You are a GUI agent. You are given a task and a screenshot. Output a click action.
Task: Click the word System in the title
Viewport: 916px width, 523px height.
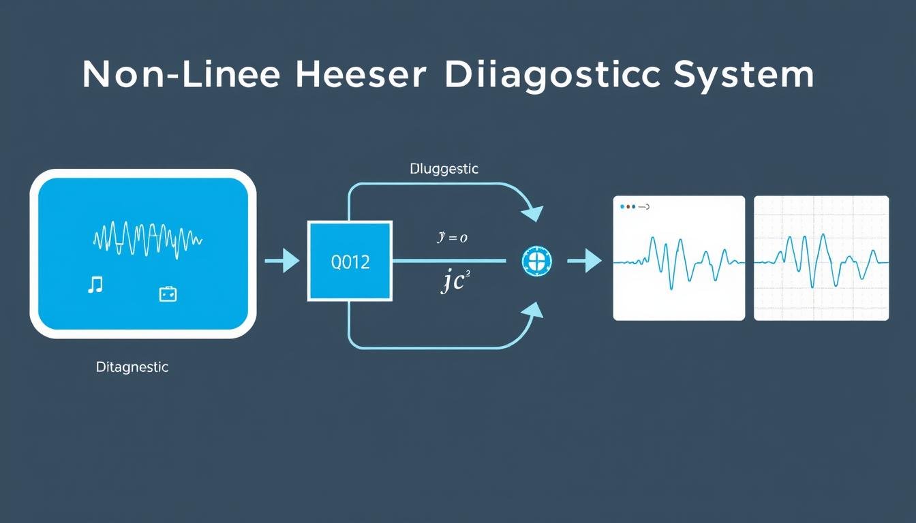[744, 75]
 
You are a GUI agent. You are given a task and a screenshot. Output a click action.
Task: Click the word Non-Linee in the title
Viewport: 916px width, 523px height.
[181, 75]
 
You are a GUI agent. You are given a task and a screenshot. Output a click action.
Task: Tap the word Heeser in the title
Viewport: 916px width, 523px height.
[362, 75]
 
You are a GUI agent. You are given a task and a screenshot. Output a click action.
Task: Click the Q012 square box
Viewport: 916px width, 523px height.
[350, 261]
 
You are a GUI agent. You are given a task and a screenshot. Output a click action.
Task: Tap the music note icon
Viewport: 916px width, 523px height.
[95, 285]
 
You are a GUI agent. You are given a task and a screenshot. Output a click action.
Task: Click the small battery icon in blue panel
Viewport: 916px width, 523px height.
[168, 294]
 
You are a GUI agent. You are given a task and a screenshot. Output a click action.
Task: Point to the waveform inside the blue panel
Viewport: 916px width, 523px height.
[147, 238]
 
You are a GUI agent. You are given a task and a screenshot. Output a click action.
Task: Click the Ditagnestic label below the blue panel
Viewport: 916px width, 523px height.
[132, 367]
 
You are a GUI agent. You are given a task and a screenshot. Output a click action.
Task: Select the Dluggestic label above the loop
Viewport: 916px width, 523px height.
[444, 169]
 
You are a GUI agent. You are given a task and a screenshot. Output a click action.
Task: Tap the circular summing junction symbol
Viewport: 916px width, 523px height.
[536, 261]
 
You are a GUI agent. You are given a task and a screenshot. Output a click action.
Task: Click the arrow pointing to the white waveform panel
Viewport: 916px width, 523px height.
[584, 261]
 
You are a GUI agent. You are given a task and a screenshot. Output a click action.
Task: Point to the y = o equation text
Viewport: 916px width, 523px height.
[452, 238]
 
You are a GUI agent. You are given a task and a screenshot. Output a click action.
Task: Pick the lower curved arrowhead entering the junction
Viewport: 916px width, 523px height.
[532, 312]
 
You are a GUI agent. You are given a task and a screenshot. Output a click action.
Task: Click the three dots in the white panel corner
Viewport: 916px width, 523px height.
[627, 206]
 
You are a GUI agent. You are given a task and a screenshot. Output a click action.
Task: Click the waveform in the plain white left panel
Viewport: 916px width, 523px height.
[679, 263]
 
